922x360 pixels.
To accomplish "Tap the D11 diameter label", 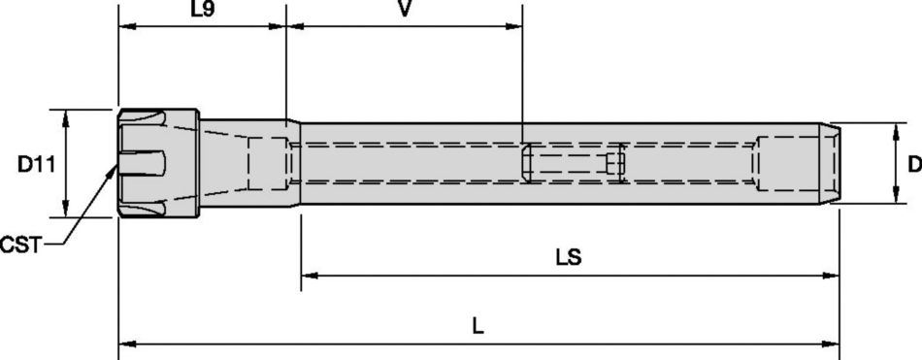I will pyautogui.click(x=36, y=164).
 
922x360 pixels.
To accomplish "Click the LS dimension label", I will pyautogui.click(x=569, y=257).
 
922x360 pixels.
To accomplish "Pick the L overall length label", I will pyautogui.click(x=477, y=326).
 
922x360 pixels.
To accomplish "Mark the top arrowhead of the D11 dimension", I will pyautogui.click(x=66, y=115).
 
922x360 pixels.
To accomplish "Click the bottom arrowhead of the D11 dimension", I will pyautogui.click(x=66, y=211).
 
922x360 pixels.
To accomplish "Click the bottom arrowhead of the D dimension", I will pyautogui.click(x=894, y=198).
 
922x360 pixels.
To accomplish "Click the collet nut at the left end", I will pyautogui.click(x=158, y=164).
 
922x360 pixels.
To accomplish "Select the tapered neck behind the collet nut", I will pyautogui.click(x=243, y=163).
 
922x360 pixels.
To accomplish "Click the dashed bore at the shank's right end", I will pyautogui.click(x=791, y=163).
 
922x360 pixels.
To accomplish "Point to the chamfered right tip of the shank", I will pyautogui.click(x=833, y=163).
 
